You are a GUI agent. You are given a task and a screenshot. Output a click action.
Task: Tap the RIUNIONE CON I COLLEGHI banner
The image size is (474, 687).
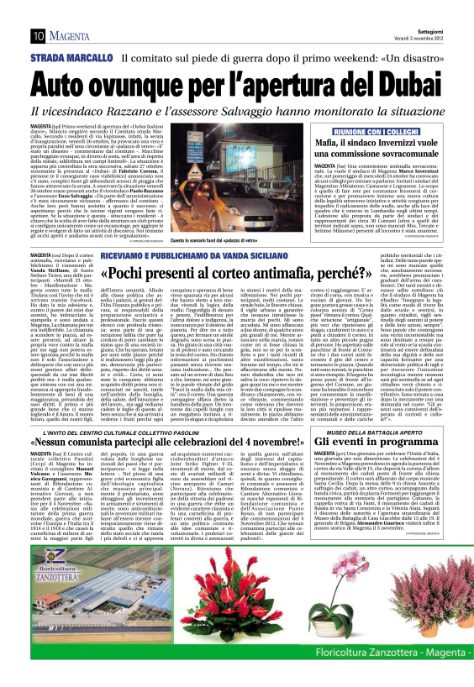point(380,133)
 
